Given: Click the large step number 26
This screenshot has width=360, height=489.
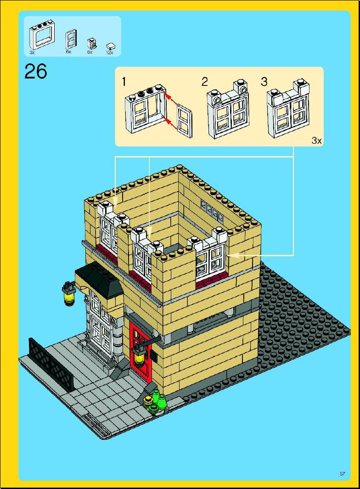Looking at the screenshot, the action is pos(35,72).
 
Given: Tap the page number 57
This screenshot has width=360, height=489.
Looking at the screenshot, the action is pos(343,474).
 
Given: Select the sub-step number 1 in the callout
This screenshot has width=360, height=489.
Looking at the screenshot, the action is pos(124,82).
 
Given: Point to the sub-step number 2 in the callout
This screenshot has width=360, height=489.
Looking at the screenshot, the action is pos(204,82).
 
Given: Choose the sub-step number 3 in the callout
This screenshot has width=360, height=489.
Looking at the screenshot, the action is pos(264,82).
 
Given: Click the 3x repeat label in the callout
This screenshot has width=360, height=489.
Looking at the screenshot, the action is pos(316,141).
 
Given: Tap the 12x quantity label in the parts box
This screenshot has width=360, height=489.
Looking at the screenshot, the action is pos(109,53).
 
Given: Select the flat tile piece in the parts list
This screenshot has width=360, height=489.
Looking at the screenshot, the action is pos(111,46).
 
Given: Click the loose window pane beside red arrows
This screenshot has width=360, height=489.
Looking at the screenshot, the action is pos(185,121).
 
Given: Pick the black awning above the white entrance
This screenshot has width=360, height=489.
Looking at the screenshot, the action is pos(99,278).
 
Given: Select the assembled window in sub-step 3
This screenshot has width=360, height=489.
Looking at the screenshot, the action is pos(288,108).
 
